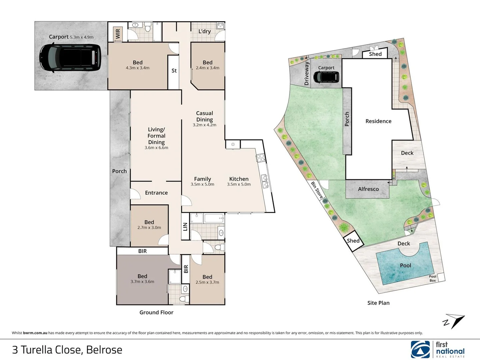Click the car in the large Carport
70,58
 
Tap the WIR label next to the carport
118,34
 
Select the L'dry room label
204,31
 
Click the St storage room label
174,71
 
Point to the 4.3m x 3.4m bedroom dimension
138,68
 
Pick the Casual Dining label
204,116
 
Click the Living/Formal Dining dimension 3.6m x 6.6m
156,148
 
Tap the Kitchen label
239,179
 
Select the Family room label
202,179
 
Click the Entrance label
156,193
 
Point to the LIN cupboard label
185,227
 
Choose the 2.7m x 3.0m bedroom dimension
149,228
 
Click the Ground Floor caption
156,312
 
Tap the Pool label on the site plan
405,265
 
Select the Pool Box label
433,278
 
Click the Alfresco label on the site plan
368,189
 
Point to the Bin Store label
317,190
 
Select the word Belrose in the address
104,350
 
